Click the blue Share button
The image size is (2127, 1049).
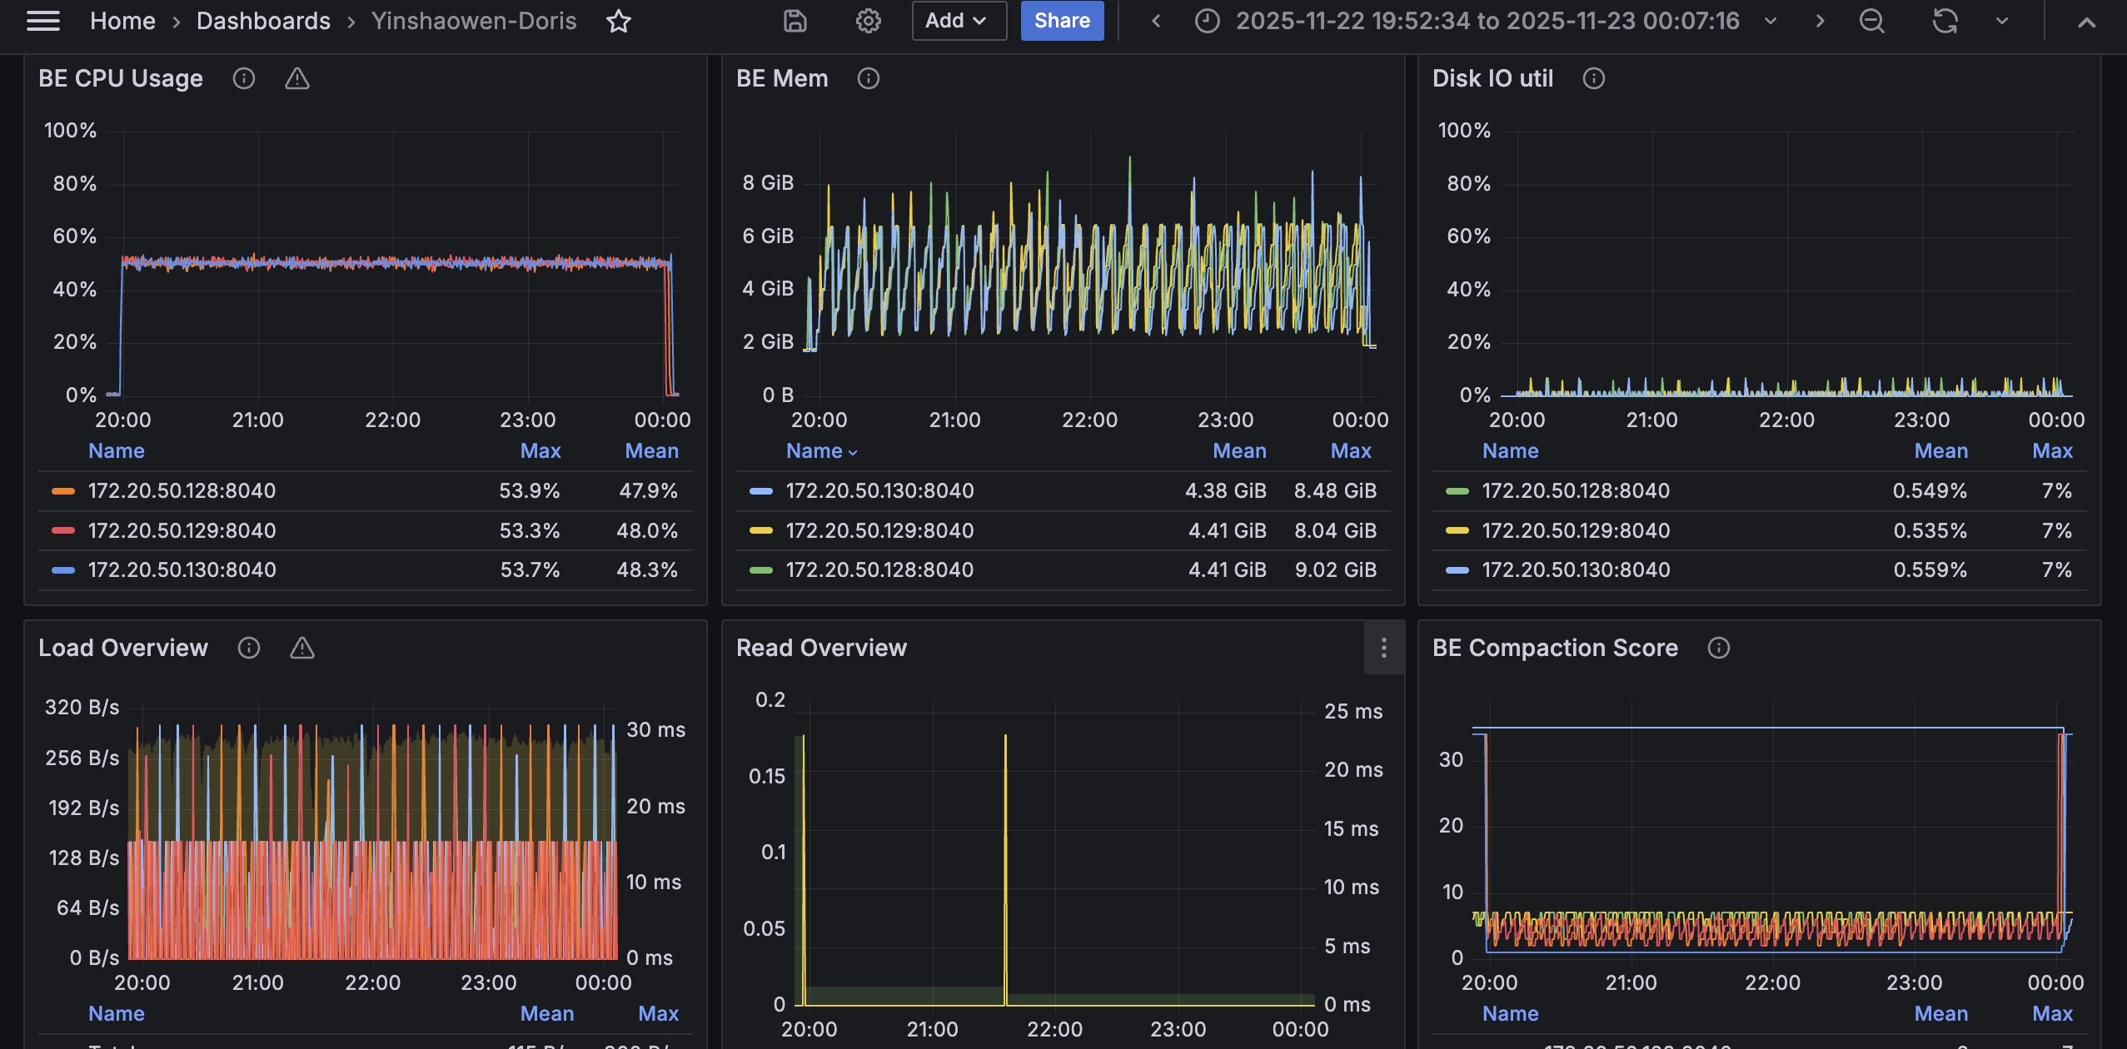pos(1062,21)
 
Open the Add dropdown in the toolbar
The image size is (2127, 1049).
pos(958,21)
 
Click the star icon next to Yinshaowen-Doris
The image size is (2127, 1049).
pos(618,21)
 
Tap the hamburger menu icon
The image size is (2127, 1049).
pos(43,21)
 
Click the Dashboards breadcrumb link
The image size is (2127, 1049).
pos(263,21)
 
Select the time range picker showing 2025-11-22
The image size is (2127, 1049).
pos(1487,21)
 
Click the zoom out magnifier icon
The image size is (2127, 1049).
pos(1871,21)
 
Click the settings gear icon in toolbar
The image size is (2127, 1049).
pos(868,21)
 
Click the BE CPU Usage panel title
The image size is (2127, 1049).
pos(121,78)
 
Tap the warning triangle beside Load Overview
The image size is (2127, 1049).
pos(301,648)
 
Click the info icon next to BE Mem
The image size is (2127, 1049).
pos(868,78)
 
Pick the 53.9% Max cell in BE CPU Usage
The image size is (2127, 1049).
pos(529,491)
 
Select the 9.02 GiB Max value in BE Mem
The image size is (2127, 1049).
pos(1335,570)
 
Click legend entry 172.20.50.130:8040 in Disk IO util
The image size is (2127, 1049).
pos(1575,570)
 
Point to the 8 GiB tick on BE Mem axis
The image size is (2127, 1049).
pos(768,183)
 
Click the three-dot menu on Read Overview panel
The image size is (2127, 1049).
pos(1383,648)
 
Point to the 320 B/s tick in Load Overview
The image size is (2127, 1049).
pos(82,708)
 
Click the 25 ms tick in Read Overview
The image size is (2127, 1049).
pos(1352,712)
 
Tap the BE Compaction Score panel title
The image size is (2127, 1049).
pos(1554,648)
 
